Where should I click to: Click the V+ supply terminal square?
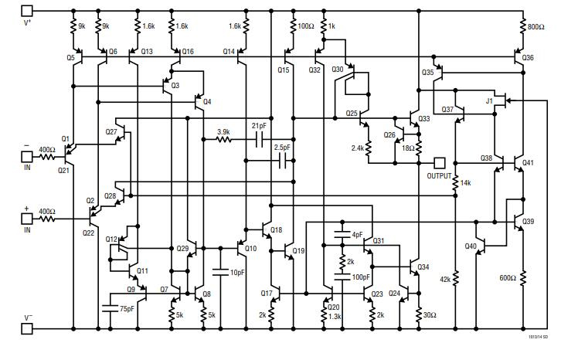click(x=27, y=11)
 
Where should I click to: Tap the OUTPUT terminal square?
click(x=440, y=163)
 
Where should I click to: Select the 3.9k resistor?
click(x=224, y=140)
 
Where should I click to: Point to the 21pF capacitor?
click(x=260, y=140)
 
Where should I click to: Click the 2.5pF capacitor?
click(x=283, y=161)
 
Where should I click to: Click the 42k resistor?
click(x=456, y=279)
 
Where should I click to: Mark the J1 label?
click(x=489, y=101)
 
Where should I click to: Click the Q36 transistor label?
click(x=528, y=58)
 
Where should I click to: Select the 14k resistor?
click(x=456, y=183)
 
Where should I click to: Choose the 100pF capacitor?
click(x=341, y=276)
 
